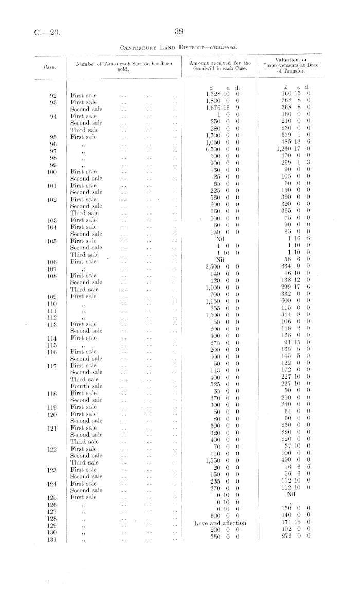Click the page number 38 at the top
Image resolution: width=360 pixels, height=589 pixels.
(179, 31)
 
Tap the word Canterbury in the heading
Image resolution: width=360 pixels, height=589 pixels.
(140, 48)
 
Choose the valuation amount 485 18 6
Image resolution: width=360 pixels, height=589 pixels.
(292, 141)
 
